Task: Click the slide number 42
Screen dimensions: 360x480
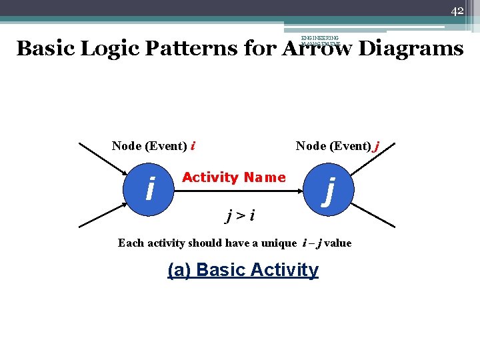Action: (x=457, y=11)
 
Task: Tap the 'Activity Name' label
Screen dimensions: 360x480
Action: (x=233, y=177)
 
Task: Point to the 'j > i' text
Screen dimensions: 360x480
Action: (x=241, y=215)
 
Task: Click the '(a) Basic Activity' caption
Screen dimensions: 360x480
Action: (x=243, y=270)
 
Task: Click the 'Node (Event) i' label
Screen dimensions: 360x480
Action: (x=153, y=146)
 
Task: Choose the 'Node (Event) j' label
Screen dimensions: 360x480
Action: (x=337, y=146)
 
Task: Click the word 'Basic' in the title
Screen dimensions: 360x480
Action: (x=45, y=49)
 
